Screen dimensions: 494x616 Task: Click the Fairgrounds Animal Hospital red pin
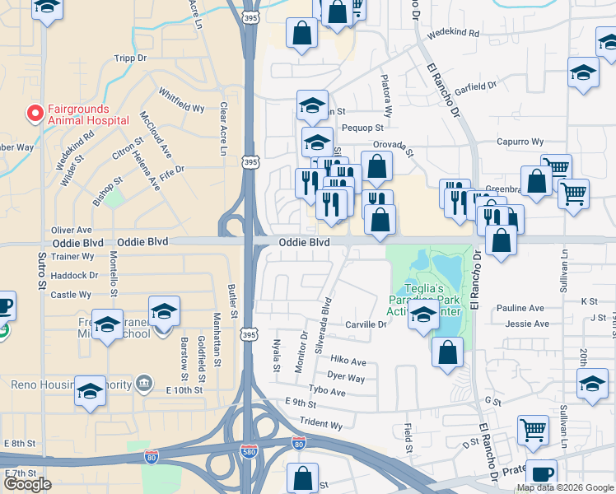35,113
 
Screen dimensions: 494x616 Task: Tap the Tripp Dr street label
131,58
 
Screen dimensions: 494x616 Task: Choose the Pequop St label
362,128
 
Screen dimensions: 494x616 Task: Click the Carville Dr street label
366,324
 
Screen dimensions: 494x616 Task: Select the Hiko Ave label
348,361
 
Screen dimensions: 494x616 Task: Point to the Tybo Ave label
326,392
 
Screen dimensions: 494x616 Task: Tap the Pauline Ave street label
520,308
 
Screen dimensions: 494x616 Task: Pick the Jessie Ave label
527,324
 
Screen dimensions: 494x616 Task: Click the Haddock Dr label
74,275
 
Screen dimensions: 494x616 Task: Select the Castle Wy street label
71,294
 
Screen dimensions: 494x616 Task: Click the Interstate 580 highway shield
248,452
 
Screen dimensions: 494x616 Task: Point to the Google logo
27,484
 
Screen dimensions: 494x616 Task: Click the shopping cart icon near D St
534,430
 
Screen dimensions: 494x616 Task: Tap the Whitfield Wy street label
181,100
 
